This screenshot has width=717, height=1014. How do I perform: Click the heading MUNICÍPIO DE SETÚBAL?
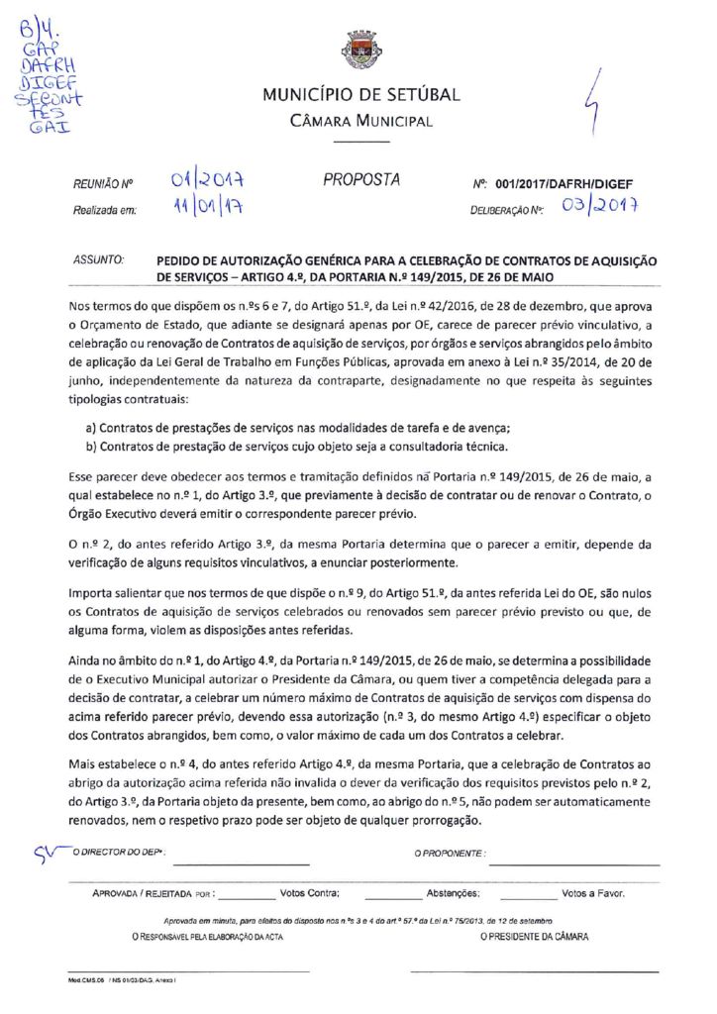point(361,95)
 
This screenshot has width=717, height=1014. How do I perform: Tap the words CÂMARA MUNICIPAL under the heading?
point(361,122)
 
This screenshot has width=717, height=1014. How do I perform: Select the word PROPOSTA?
point(361,180)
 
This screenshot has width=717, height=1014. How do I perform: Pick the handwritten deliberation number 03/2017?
point(596,208)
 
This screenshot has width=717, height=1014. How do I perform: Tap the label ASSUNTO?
point(98,259)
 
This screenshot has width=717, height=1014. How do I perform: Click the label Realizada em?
point(104,211)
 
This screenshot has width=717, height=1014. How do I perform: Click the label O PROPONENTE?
point(451,852)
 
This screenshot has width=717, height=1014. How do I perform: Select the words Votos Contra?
point(310,892)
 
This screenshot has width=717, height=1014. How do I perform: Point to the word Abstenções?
point(453,892)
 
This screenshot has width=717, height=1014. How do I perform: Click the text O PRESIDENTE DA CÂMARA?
point(534,936)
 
